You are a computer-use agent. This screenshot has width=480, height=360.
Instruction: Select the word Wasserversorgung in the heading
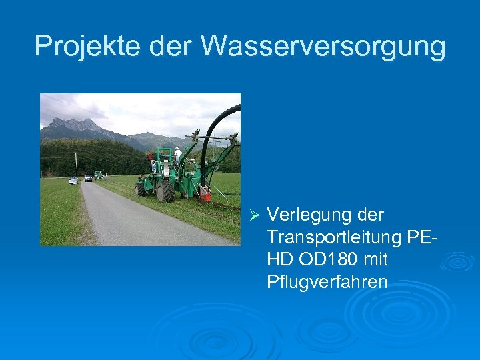[x=323, y=45]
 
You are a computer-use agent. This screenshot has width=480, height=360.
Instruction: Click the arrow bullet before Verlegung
[x=252, y=215]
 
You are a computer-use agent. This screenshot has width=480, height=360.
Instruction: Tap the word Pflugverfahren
[x=327, y=281]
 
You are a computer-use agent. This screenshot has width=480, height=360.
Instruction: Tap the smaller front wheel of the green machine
[x=140, y=189]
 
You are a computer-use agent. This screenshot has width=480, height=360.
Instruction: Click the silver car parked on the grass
[x=73, y=180]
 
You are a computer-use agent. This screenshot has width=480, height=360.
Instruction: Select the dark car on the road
[x=88, y=178]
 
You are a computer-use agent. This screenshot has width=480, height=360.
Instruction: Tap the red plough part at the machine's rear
[x=206, y=195]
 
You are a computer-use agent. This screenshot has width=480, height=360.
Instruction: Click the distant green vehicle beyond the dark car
[x=98, y=175]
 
